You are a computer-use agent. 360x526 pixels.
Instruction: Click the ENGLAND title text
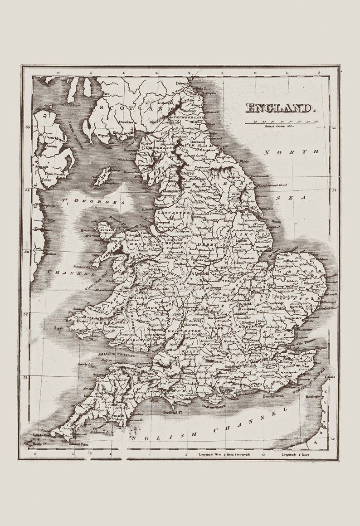coord(280,108)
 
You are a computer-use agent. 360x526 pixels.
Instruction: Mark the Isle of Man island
coord(102,177)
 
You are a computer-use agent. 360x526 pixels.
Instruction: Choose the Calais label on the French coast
coord(331,376)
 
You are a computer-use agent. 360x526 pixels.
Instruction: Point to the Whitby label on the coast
coord(244,161)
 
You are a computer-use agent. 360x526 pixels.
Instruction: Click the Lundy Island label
coord(86,364)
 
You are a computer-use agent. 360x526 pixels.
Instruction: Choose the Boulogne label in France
coord(314,396)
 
